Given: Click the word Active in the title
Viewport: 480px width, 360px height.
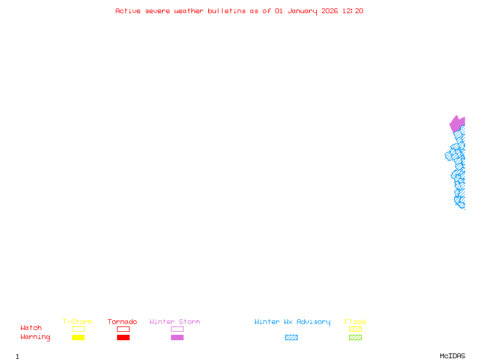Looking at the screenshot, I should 128,11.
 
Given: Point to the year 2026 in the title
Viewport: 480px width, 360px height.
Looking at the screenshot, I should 329,11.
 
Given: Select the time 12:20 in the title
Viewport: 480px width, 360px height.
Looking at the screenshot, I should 353,11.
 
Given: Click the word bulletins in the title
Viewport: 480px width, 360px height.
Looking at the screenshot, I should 226,11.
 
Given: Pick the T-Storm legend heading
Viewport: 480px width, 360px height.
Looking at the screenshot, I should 77,322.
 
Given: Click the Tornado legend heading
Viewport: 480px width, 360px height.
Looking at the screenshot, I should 122,322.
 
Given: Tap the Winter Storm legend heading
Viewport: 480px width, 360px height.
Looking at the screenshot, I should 175,322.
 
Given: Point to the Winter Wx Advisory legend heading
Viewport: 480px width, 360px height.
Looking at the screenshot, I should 292,322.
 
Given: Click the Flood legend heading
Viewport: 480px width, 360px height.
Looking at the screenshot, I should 355,322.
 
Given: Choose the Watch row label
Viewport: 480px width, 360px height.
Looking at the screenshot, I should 31,328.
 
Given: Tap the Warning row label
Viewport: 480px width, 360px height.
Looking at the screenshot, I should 35,337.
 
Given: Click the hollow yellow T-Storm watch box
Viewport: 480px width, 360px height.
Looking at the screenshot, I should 78,329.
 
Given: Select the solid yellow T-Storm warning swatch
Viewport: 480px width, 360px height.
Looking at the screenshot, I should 78,337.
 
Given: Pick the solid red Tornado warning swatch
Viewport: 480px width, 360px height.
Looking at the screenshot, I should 123,337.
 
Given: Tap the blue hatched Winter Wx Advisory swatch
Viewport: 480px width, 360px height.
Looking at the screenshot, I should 291,337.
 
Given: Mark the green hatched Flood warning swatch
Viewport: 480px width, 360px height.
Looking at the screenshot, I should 355,337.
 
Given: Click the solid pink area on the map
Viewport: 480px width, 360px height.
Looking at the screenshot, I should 457,124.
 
